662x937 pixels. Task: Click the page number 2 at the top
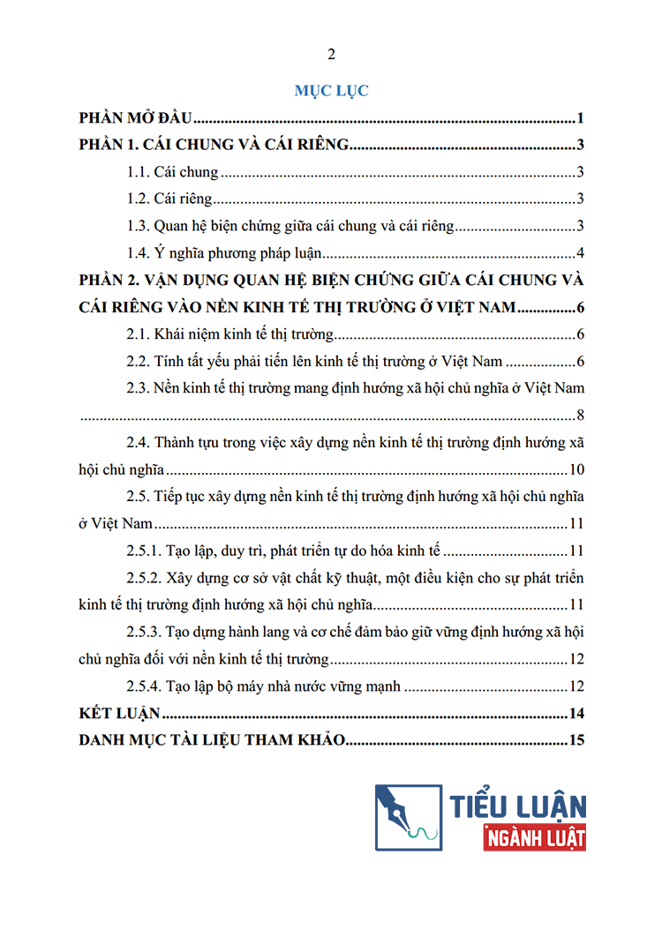click(x=331, y=55)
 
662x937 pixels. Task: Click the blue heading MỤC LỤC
click(x=331, y=90)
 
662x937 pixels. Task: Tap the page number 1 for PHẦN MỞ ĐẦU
click(x=582, y=118)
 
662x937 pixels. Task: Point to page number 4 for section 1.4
click(x=582, y=254)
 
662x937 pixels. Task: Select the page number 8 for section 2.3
click(x=581, y=416)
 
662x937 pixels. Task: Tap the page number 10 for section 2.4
click(x=577, y=469)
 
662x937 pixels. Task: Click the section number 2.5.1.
click(x=145, y=551)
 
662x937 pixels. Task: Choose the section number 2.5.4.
click(x=145, y=686)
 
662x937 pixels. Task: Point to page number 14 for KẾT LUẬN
click(x=578, y=713)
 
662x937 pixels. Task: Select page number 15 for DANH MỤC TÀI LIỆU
click(x=578, y=740)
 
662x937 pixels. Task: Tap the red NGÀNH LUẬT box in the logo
click(x=535, y=836)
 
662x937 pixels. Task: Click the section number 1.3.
click(x=139, y=227)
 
